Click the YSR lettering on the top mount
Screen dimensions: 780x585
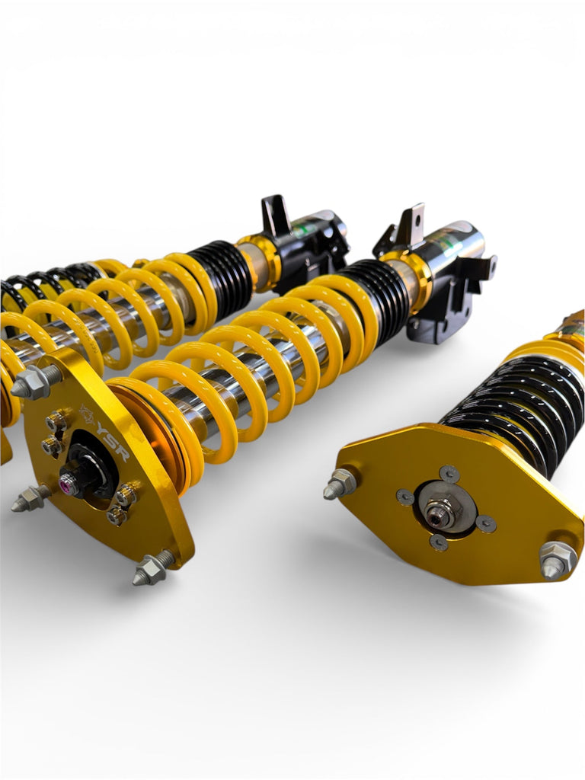(113, 449)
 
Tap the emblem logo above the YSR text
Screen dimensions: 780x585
(88, 416)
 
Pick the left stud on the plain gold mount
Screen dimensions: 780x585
(340, 483)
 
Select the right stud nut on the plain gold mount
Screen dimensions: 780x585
(557, 560)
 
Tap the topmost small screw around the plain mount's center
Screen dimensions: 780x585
(449, 473)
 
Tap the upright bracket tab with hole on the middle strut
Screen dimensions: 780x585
(410, 224)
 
